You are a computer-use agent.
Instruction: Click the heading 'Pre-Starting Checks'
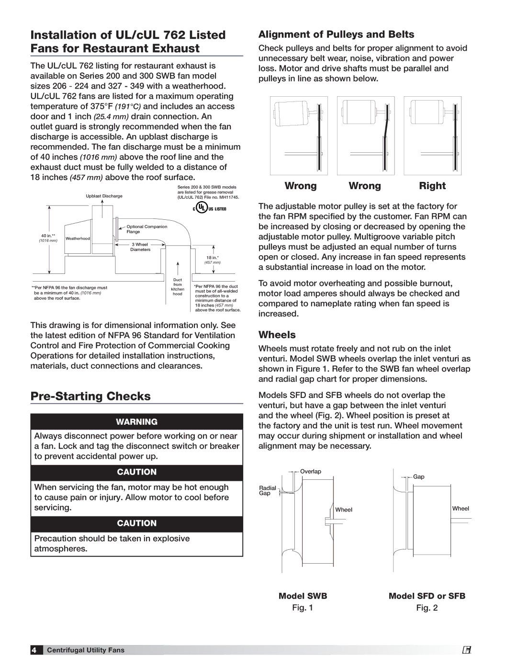point(90,397)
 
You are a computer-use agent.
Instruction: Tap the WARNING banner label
point(136,422)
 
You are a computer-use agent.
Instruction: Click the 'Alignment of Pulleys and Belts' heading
point(336,34)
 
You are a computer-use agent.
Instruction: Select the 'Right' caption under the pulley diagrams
point(432,186)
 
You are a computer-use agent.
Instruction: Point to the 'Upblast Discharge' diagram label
point(104,196)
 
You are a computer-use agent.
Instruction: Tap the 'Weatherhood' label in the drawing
point(78,238)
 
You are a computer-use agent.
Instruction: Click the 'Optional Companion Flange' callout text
point(146,229)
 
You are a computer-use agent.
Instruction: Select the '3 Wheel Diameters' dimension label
point(140,247)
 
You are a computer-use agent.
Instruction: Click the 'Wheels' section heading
point(277,335)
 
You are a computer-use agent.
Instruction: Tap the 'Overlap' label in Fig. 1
point(311,472)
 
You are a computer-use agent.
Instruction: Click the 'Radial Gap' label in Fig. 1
point(267,490)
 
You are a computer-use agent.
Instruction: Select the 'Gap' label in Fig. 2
point(419,477)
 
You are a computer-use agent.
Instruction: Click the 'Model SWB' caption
point(303,596)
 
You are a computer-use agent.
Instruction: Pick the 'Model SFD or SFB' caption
point(427,596)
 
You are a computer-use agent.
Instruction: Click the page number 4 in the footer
point(34,650)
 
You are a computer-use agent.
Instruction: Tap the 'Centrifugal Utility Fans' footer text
point(86,650)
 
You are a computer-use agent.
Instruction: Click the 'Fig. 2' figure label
point(427,608)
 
